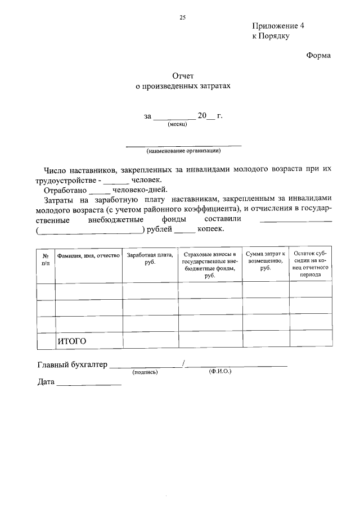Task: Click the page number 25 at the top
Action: click(182, 17)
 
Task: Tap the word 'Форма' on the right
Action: click(318, 55)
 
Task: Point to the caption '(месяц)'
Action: click(177, 124)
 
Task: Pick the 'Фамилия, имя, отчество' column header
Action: click(88, 256)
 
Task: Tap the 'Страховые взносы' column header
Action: click(210, 264)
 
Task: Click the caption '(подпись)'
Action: click(145, 372)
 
